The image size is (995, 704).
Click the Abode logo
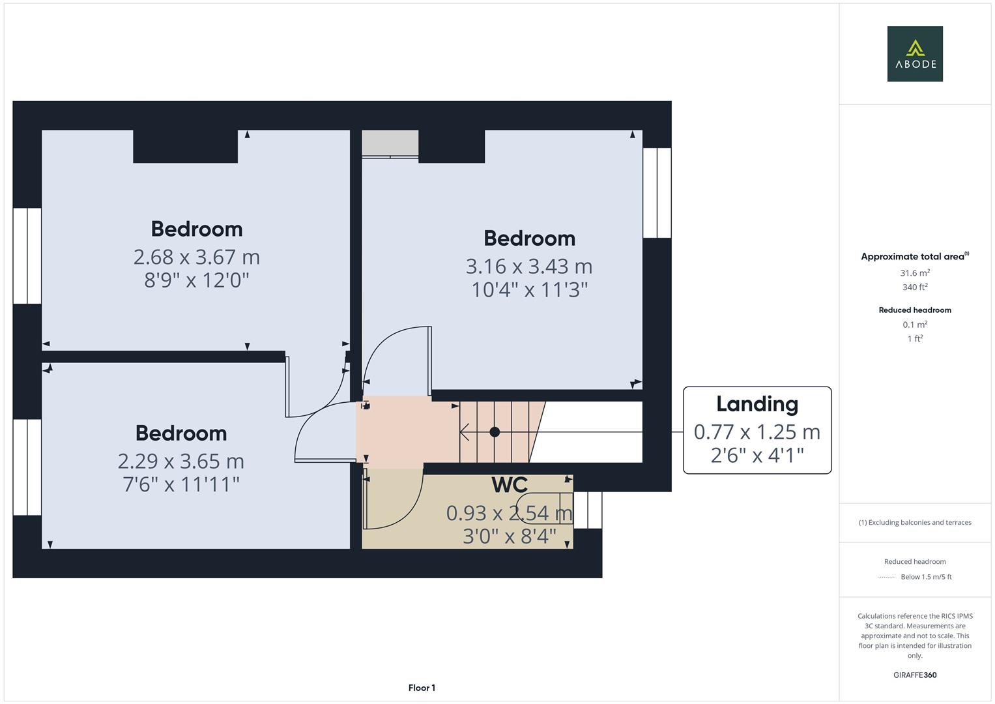pyautogui.click(x=914, y=53)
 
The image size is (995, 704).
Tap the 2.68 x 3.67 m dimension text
pyautogui.click(x=197, y=257)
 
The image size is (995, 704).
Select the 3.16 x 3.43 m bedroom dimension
pyautogui.click(x=528, y=266)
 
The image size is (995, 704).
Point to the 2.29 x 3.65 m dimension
pyautogui.click(x=181, y=461)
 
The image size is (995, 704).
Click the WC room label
pyautogui.click(x=509, y=485)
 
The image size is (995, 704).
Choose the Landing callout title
pyautogui.click(x=757, y=404)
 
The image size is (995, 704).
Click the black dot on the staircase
pyautogui.click(x=495, y=432)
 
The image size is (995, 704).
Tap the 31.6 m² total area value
pyautogui.click(x=915, y=273)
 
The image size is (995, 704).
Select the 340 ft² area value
pyautogui.click(x=915, y=287)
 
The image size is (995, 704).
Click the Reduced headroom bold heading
pyautogui.click(x=915, y=310)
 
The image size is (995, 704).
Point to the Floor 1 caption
pyautogui.click(x=422, y=688)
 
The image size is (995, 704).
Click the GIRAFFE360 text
pyautogui.click(x=915, y=675)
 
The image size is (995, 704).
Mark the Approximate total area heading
pyautogui.click(x=914, y=257)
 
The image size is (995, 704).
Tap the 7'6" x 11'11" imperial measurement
pyautogui.click(x=181, y=484)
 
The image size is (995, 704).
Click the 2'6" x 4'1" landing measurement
pyautogui.click(x=757, y=455)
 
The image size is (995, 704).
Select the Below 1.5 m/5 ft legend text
pyautogui.click(x=926, y=577)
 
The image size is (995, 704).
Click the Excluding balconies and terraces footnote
pyautogui.click(x=915, y=522)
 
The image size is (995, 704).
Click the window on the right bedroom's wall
pyautogui.click(x=657, y=193)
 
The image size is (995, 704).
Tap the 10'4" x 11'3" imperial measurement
pyautogui.click(x=529, y=289)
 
